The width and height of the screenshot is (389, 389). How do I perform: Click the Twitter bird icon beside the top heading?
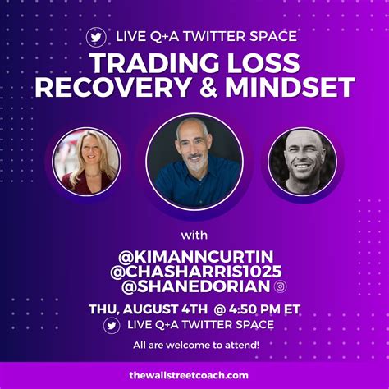pos(96,37)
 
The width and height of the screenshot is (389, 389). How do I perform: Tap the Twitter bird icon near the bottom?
pos(112,326)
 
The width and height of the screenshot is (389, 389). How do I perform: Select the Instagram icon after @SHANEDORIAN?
pos(281,286)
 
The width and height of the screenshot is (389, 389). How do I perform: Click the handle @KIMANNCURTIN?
pos(196,256)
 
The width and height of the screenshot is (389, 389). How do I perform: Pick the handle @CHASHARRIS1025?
pos(196,272)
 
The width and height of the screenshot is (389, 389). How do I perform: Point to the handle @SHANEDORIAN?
pos(196,286)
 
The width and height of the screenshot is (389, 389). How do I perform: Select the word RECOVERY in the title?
pos(112,87)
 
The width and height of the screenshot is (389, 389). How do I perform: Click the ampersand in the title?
pos(208,87)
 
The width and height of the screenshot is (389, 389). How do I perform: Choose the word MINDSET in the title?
pos(290,87)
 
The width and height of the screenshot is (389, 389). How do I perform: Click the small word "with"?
pos(194,236)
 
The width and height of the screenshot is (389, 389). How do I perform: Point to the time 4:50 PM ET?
pos(264,309)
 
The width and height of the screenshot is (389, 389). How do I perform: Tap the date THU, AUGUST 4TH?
pos(148,309)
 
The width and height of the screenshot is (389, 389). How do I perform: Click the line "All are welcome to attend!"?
pos(196,345)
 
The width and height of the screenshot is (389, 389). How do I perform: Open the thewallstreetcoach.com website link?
pos(189,375)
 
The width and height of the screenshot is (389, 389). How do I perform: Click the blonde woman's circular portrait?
pos(86,162)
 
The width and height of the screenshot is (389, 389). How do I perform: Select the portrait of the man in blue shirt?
pos(194,162)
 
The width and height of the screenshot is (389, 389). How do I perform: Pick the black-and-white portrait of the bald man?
pos(303,162)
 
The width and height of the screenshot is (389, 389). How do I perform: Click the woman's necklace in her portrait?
pos(94,174)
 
